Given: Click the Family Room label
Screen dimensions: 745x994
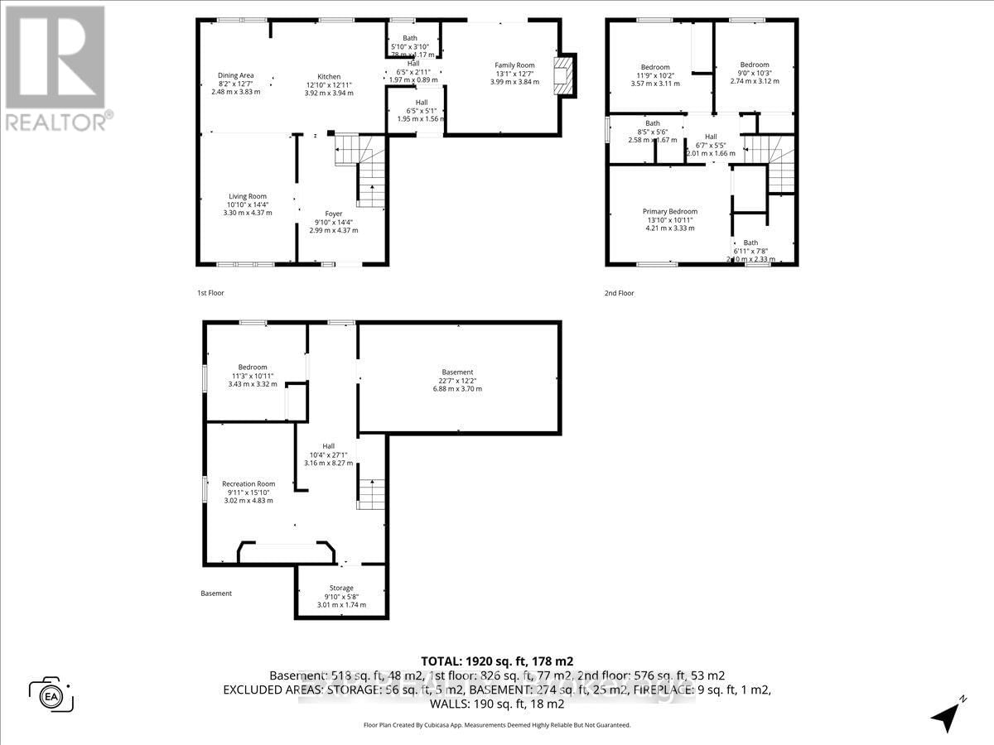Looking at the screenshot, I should pyautogui.click(x=514, y=65).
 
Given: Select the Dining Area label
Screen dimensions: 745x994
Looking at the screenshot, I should pyautogui.click(x=235, y=75).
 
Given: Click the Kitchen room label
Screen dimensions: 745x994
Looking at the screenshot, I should pyautogui.click(x=329, y=77).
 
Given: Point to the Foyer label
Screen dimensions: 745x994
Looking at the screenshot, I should pyautogui.click(x=334, y=214).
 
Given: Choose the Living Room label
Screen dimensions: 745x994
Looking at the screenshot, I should pyautogui.click(x=248, y=196).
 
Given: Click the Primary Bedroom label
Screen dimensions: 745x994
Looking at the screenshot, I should pyautogui.click(x=670, y=211).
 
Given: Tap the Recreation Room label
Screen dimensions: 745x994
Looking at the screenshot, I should pyautogui.click(x=248, y=483).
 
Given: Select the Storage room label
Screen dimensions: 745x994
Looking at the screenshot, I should pyautogui.click(x=341, y=588).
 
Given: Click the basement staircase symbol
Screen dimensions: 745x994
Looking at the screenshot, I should pyautogui.click(x=372, y=494).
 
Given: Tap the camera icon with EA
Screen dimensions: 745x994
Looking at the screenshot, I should pyautogui.click(x=51, y=694).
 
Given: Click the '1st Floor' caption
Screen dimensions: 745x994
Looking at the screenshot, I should pyautogui.click(x=210, y=293).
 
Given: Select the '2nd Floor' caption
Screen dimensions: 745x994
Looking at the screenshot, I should pyautogui.click(x=620, y=293).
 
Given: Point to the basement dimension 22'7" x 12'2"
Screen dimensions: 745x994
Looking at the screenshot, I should pyautogui.click(x=457, y=381).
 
